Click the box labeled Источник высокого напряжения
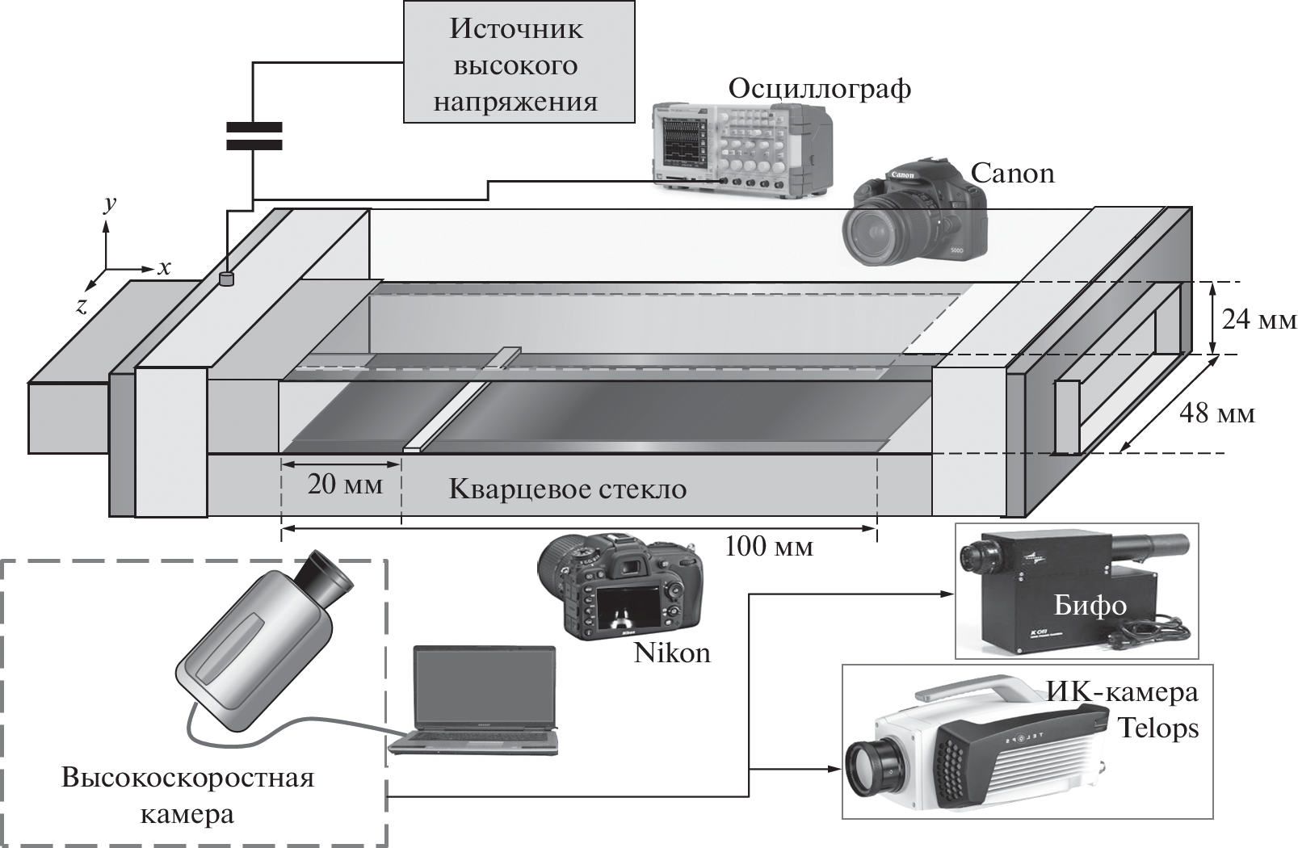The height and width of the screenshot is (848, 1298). tap(518, 63)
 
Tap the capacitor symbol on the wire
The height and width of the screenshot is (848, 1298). tap(254, 136)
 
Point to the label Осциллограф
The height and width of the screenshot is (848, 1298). tap(819, 88)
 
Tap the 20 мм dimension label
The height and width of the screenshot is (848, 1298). tap(344, 485)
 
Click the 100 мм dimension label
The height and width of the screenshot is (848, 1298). tap(768, 547)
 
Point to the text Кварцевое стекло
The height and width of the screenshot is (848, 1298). tap(567, 489)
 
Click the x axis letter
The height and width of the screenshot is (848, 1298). tap(164, 267)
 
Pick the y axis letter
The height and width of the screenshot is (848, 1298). tap(110, 203)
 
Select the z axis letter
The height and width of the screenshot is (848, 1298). tap(81, 304)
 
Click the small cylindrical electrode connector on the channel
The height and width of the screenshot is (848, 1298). tap(227, 279)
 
